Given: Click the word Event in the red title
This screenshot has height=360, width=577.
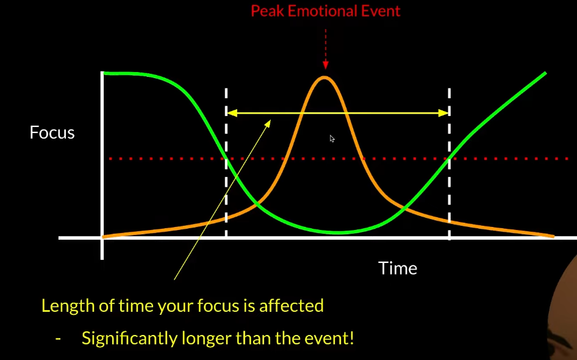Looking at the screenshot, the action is click(381, 11).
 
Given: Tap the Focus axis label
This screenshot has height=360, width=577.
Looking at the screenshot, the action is click(52, 132).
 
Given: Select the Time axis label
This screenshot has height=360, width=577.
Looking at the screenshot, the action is click(398, 268).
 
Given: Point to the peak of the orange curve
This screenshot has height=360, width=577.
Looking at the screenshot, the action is click(324, 77).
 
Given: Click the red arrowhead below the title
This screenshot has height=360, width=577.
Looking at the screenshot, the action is click(325, 65).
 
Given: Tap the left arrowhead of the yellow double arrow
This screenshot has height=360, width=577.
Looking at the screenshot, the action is click(232, 113).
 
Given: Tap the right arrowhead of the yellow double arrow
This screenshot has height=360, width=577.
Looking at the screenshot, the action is click(443, 113).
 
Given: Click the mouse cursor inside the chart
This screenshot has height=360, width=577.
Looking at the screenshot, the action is click(332, 139).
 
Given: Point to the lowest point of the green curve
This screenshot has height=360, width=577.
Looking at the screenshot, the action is click(337, 232).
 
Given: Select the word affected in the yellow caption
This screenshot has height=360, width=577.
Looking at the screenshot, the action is click(292, 306).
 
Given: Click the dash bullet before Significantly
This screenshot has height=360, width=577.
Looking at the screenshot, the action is click(58, 339).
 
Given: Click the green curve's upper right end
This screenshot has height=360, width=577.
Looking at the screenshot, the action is click(545, 73).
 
